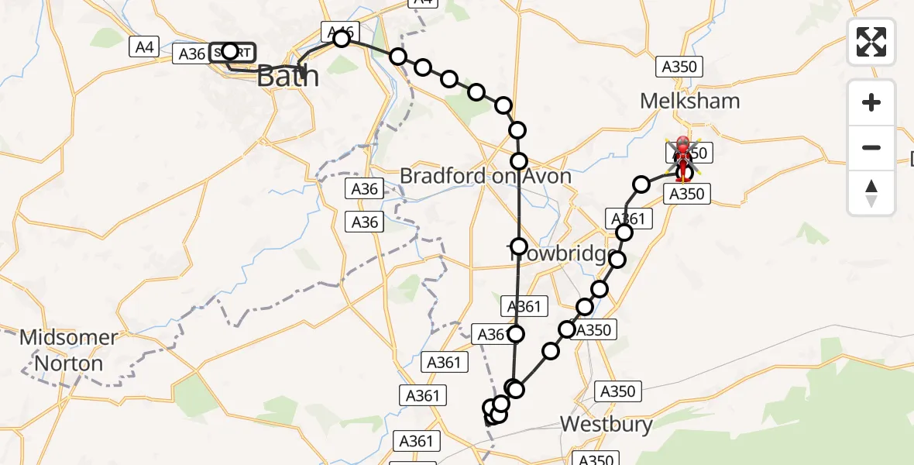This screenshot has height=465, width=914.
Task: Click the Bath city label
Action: (287, 76)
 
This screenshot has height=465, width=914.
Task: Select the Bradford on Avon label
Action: (486, 176)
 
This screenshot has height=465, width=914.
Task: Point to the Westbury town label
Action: (606, 424)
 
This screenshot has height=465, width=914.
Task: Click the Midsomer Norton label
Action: (69, 350)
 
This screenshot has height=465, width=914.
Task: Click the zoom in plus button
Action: (871, 102)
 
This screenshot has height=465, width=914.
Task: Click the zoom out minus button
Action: (871, 147)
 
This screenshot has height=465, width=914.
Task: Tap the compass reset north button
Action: (871, 192)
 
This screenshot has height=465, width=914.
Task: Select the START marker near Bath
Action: (231, 52)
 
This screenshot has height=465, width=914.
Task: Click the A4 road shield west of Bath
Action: (144, 47)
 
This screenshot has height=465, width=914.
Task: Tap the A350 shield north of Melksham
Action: (679, 67)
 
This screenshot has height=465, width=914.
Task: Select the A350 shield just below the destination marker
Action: (686, 194)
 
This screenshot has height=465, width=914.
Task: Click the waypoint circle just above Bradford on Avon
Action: (519, 161)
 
